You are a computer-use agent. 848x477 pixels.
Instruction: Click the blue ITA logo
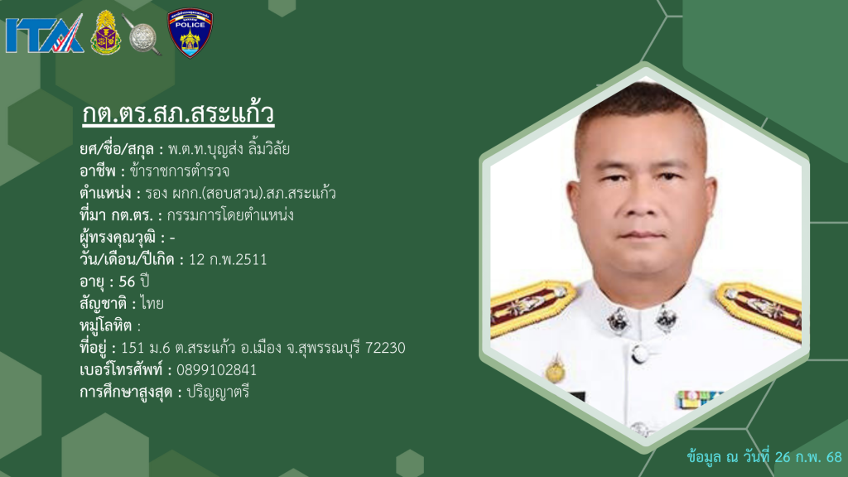coord(45,34)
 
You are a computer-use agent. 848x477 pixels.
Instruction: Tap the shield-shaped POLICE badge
coord(190,32)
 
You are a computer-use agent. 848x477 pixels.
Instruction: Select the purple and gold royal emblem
coord(105,32)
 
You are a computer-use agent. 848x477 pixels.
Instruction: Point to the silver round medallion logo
coord(142,36)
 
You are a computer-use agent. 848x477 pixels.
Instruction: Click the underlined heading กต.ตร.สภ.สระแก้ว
coord(179,113)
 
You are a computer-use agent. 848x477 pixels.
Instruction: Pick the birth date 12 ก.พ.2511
coord(228,259)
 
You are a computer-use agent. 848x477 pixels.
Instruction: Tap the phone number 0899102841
coord(216,370)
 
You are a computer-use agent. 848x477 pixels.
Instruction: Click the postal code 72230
coord(385,348)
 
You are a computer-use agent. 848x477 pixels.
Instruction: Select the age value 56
coord(127,282)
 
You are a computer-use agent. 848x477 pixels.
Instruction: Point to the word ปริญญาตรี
coord(218,392)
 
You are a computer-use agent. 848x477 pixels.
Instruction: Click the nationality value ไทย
coord(152,303)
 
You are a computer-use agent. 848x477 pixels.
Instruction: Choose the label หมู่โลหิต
coord(106,325)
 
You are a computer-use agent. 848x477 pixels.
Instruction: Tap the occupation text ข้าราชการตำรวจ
coord(180,171)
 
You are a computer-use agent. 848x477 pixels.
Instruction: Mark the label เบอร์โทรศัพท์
coord(121,370)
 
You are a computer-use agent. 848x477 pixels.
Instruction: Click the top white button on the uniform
coord(640,354)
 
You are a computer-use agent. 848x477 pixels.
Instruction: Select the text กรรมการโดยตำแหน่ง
coord(230,215)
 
